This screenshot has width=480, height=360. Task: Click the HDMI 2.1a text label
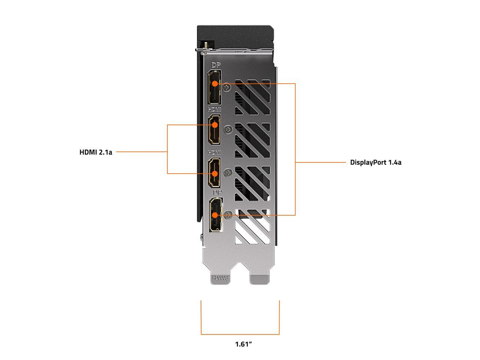click(x=96, y=152)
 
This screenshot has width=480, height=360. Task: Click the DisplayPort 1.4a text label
click(x=375, y=162)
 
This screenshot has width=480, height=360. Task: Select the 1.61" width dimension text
click(x=243, y=344)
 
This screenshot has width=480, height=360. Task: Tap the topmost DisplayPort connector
click(x=214, y=87)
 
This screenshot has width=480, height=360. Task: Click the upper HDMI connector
click(x=214, y=129)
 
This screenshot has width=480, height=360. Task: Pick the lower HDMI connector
click(x=214, y=172)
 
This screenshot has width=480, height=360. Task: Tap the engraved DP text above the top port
click(x=216, y=65)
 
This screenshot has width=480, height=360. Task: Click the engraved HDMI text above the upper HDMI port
click(x=214, y=109)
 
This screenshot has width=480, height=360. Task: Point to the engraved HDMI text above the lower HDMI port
click(x=214, y=153)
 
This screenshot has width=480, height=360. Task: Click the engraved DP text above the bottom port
click(x=217, y=192)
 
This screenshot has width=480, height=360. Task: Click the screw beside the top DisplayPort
click(x=227, y=87)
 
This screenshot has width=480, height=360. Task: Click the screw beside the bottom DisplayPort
click(x=227, y=215)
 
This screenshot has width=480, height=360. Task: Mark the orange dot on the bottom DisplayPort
click(x=215, y=215)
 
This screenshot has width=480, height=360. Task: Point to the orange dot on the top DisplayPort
click(x=214, y=84)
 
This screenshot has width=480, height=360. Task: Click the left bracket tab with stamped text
click(x=220, y=278)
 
